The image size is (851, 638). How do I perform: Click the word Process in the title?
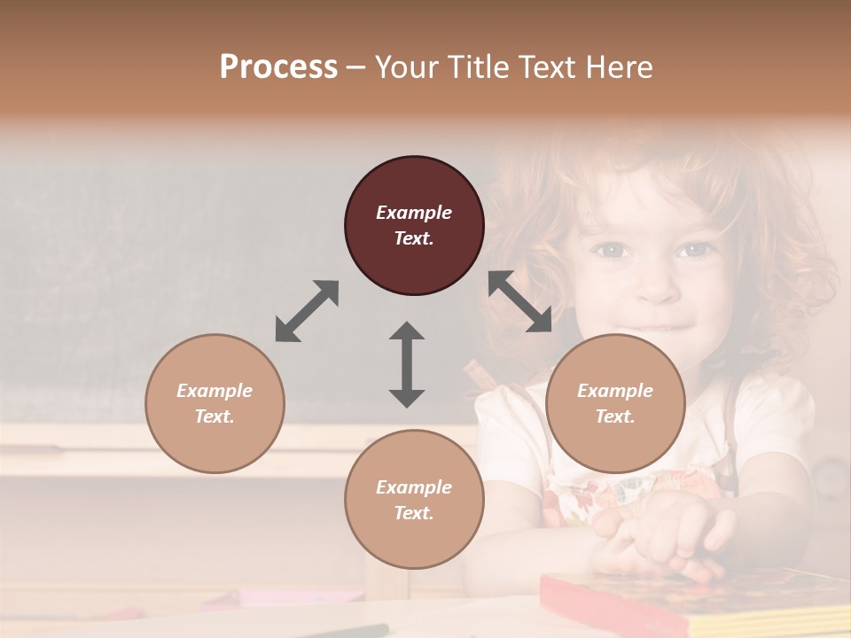(278, 67)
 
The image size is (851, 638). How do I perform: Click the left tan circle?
(215, 403)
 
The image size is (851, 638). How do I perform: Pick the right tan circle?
(615, 403)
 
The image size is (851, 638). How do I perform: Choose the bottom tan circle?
(414, 499)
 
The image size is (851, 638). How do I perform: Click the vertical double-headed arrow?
(407, 364)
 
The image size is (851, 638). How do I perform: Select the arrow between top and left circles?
(307, 310)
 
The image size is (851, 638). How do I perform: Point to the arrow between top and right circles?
(520, 302)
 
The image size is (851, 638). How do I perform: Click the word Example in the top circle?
(414, 213)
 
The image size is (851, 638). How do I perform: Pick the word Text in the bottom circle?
(413, 513)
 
